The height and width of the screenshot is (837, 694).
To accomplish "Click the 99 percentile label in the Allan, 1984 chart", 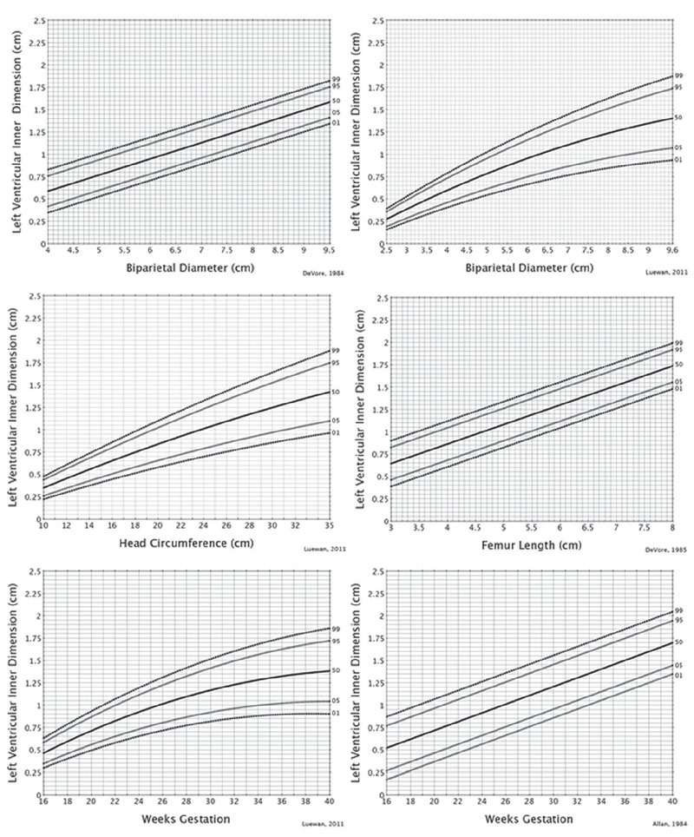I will [679, 611].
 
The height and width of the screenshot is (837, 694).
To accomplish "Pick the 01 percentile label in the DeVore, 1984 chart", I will [336, 123].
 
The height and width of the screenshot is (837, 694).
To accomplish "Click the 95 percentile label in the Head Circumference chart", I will [336, 361].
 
